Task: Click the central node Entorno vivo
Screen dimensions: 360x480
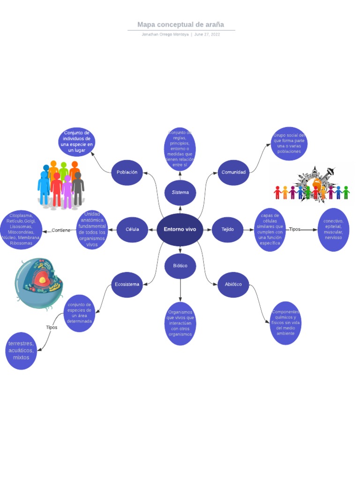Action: click(180, 229)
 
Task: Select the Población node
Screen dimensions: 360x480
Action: click(127, 172)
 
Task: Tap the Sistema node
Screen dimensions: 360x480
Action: click(180, 192)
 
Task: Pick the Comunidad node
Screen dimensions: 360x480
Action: click(233, 172)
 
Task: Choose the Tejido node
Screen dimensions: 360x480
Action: click(227, 229)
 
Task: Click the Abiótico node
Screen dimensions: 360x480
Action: click(233, 284)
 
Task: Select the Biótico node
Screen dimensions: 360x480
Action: click(180, 265)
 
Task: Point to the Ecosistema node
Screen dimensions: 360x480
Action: click(127, 284)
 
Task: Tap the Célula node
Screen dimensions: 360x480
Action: click(132, 229)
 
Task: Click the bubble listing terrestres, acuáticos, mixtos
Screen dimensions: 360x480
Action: click(21, 350)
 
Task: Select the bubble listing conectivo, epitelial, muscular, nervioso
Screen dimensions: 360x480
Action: click(333, 229)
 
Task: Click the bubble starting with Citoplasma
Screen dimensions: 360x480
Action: click(21, 229)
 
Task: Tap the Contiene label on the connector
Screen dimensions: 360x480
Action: click(61, 230)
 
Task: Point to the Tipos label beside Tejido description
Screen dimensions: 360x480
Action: click(294, 229)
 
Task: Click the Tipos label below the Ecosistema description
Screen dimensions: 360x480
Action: click(52, 327)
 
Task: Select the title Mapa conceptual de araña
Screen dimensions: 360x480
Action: click(180, 24)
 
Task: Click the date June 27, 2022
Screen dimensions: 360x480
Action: click(207, 35)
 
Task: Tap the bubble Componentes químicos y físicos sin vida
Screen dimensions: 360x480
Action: click(285, 323)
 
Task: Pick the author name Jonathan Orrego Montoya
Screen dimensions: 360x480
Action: click(165, 35)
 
